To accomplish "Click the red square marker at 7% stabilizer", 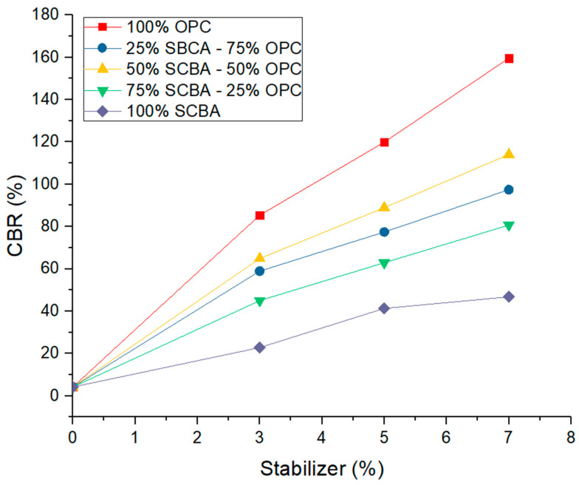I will pos(509,58).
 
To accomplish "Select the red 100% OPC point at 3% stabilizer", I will pos(260,215).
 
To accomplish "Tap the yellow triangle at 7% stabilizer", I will pos(509,154).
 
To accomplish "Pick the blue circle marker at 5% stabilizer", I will pos(384,231).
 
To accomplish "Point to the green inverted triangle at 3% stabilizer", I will pos(260,301).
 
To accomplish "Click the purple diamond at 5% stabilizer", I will pos(384,308).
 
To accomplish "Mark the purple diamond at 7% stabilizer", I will pos(509,296).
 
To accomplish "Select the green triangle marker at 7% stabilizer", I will pos(509,225).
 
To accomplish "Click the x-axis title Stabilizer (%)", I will pos(321,468).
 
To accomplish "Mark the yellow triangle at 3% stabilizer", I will pos(260,257).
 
